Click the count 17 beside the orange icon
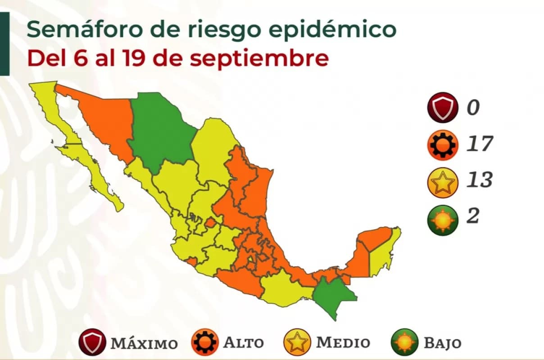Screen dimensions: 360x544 point(480,144)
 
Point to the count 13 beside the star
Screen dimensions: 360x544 point(480,180)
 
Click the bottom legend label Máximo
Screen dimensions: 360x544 point(144,343)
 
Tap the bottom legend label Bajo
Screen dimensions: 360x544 point(443,343)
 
